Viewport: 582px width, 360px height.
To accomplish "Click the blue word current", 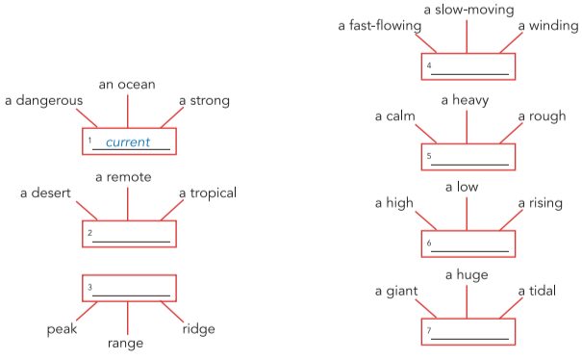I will pos(128,142).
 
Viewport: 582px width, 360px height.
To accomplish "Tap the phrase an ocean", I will pos(127,84).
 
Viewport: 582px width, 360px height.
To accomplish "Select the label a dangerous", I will pos(43,100).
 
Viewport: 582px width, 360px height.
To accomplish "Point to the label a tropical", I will pos(207,193).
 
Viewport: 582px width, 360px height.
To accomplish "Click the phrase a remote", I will pos(123,177).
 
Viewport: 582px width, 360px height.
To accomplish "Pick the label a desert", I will pos(46,193).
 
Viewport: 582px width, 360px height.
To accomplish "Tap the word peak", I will pos(62,329).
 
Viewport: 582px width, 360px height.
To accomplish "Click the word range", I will pos(125,343).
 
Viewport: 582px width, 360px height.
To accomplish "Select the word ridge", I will pos(198,329).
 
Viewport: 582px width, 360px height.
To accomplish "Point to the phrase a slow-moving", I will pos(468,9).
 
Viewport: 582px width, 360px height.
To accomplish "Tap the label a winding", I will pos(548,25).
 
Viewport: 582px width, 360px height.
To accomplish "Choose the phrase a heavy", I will pos(467,100).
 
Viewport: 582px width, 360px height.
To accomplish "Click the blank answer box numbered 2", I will pos(129,235).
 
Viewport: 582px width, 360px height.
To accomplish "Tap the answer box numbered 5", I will pos(468,158).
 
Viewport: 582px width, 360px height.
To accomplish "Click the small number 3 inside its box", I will pos(89,288).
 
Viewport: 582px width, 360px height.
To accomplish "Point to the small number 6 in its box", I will pos(429,245).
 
